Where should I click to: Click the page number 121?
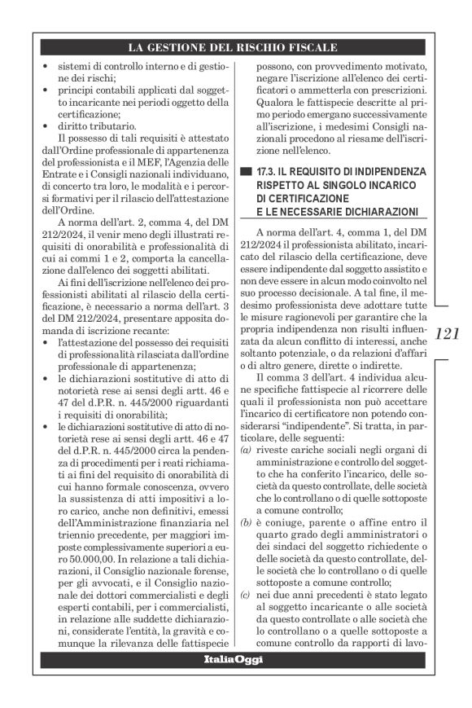(x=448, y=335)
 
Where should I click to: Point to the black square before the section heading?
(x=247, y=173)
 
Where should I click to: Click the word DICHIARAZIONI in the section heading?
(x=380, y=213)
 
